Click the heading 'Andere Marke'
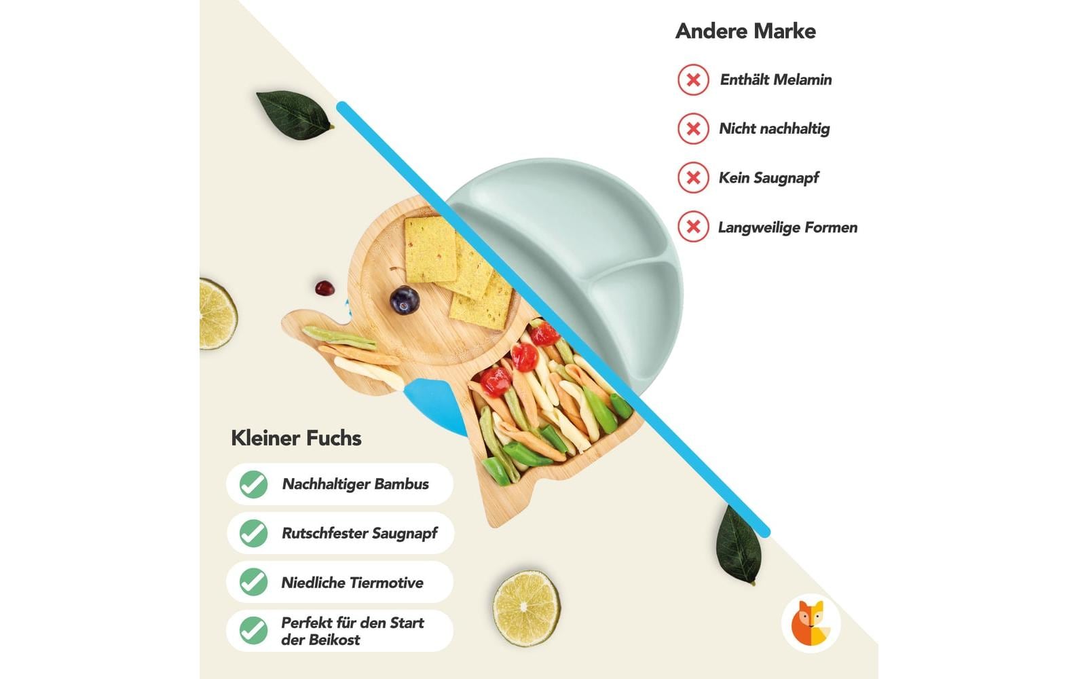pyautogui.click(x=745, y=31)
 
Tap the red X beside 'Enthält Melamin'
pyautogui.click(x=693, y=80)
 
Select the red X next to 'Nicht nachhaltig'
pyautogui.click(x=693, y=129)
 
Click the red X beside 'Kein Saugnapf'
pyautogui.click(x=693, y=178)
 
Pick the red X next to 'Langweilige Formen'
pyautogui.click(x=693, y=227)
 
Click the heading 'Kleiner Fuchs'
pyautogui.click(x=296, y=438)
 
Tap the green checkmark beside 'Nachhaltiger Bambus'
pyautogui.click(x=253, y=485)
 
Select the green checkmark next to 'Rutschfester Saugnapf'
pyautogui.click(x=253, y=534)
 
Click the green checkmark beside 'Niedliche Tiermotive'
pyautogui.click(x=253, y=583)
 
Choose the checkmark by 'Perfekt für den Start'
pyautogui.click(x=253, y=631)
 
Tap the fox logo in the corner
pyautogui.click(x=811, y=623)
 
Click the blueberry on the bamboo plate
pyautogui.click(x=405, y=300)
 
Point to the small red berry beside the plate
pyautogui.click(x=324, y=288)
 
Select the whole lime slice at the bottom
pyautogui.click(x=526, y=608)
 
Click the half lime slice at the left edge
pyautogui.click(x=217, y=314)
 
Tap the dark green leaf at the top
pyautogui.click(x=294, y=113)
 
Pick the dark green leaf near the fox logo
pyautogui.click(x=739, y=545)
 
